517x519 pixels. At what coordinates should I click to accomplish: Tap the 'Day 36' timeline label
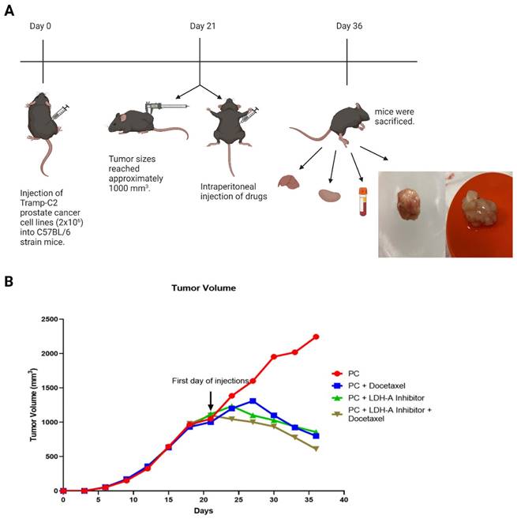click(348, 26)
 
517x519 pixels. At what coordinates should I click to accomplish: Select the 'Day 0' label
click(41, 26)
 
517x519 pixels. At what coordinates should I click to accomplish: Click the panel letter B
click(9, 281)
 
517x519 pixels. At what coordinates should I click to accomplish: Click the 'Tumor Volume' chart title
click(203, 288)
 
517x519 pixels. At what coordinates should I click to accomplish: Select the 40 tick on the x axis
click(343, 500)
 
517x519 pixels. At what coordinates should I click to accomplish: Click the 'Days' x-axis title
click(203, 511)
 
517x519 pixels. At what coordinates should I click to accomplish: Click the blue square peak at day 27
click(253, 401)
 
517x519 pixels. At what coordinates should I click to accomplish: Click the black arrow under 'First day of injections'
click(211, 397)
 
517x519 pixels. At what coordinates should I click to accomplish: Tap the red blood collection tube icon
click(363, 201)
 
